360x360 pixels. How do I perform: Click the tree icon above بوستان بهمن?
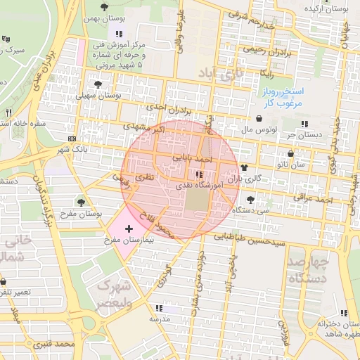105,7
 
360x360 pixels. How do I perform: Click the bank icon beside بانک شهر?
73,138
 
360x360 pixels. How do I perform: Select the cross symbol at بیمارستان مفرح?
129,229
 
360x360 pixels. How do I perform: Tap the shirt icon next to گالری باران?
244,167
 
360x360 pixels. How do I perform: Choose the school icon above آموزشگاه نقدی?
200,174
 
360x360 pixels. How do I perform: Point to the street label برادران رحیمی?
264,50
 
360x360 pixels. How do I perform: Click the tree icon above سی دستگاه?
251,199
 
